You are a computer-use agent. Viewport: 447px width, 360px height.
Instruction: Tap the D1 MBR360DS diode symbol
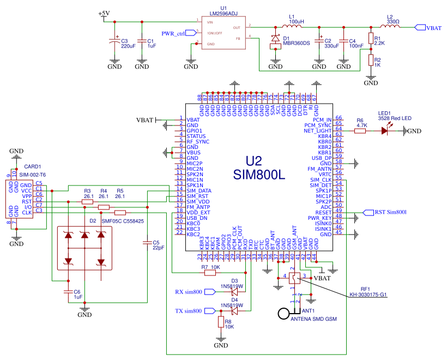276,40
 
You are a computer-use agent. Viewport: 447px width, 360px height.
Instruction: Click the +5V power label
104,14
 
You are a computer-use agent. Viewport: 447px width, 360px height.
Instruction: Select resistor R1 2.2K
371,39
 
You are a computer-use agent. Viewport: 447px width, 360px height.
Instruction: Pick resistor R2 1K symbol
371,61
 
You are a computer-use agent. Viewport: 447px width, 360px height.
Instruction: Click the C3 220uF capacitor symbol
114,41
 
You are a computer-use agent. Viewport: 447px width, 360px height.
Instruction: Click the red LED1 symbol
388,131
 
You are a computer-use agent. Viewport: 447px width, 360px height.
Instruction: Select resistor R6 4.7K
360,131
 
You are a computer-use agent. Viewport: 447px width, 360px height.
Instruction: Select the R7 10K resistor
210,272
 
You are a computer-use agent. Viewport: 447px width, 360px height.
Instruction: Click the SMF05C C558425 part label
123,221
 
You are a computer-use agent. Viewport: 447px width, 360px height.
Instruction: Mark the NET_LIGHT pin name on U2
318,131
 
